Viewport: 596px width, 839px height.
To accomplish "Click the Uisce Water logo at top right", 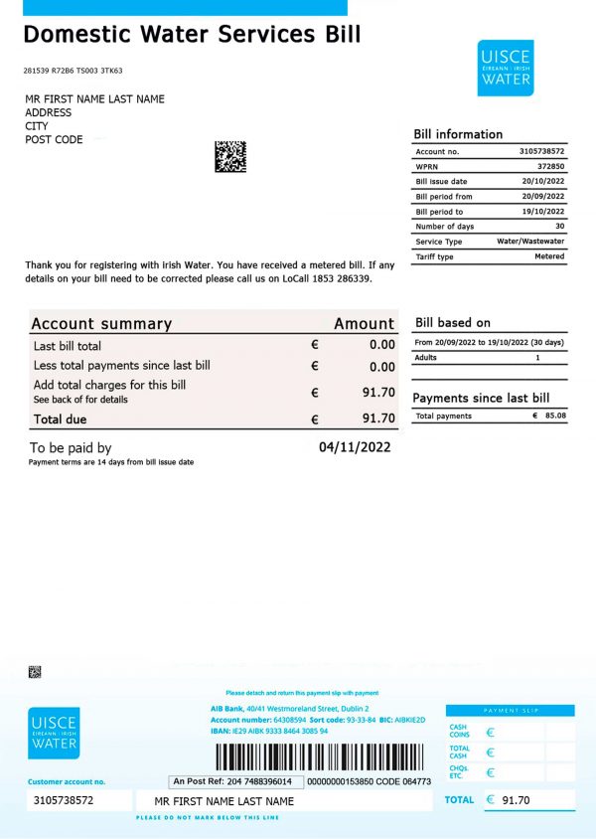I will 505,68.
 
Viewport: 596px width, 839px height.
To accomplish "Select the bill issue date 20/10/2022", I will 542,182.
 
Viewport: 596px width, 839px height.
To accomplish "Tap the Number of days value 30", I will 559,227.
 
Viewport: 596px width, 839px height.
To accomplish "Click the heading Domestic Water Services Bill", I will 192,35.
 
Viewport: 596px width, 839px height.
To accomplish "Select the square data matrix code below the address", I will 229,156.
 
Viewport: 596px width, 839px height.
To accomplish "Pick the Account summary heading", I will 101,323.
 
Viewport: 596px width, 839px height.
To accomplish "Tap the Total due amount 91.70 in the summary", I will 378,419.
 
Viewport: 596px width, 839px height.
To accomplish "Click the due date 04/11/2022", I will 354,447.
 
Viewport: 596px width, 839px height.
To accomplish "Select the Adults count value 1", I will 537,357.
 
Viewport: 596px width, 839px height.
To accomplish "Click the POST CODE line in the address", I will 54,140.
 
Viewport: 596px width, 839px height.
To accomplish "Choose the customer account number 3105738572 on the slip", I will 64,800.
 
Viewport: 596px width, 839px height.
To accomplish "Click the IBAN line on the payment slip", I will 269,731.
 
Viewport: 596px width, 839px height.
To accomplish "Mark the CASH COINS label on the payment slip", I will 460,732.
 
